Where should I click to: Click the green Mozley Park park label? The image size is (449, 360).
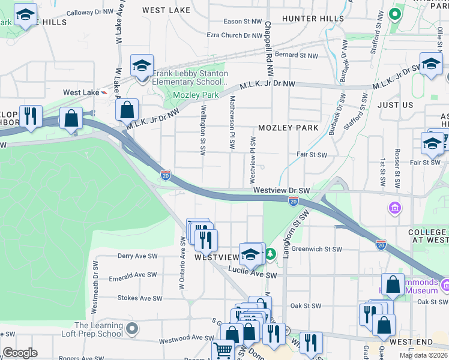click(x=195, y=95)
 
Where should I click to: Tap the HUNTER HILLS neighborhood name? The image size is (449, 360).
click(x=313, y=19)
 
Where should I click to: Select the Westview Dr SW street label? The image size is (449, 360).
click(x=282, y=190)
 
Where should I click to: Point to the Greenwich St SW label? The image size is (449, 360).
click(x=317, y=249)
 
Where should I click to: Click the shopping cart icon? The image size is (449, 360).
click(x=223, y=349)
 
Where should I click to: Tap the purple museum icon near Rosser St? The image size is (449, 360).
click(x=395, y=208)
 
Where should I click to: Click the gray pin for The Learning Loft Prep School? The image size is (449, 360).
click(x=133, y=329)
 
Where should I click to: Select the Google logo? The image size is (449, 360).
click(x=20, y=353)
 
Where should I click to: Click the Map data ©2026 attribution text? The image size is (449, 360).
click(x=423, y=355)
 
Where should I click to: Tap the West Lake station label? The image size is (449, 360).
click(x=80, y=92)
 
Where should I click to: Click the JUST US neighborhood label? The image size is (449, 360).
click(x=395, y=105)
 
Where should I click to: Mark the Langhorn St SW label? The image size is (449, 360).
click(x=294, y=235)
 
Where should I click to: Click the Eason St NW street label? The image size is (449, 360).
click(x=241, y=21)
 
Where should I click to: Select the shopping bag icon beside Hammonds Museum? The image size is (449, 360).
click(x=393, y=285)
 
